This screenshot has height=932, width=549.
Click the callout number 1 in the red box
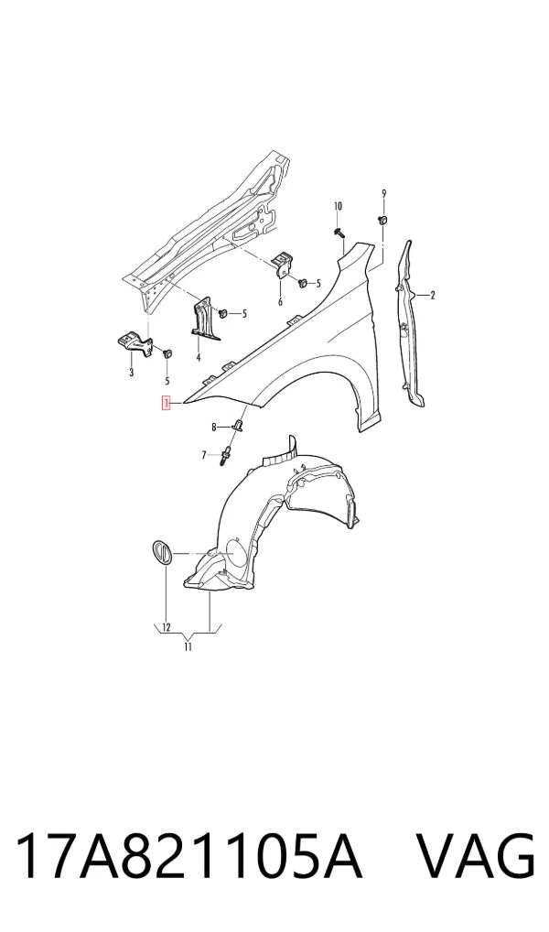167,404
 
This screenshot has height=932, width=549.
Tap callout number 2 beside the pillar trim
433,295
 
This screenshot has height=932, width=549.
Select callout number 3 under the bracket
132,373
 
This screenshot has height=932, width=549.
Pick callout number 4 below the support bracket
198,357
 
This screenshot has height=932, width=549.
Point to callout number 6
280,301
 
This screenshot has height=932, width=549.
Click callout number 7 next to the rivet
204,455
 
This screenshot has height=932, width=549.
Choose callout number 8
213,427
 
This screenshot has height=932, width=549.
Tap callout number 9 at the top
383,193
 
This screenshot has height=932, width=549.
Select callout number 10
338,206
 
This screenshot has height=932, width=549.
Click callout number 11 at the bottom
188,646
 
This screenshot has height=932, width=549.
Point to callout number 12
167,627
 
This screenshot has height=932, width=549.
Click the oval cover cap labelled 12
160,552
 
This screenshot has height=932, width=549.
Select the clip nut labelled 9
383,221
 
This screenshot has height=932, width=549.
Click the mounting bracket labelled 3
134,344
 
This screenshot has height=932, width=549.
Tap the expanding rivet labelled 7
226,456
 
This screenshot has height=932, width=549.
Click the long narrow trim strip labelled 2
410,324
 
